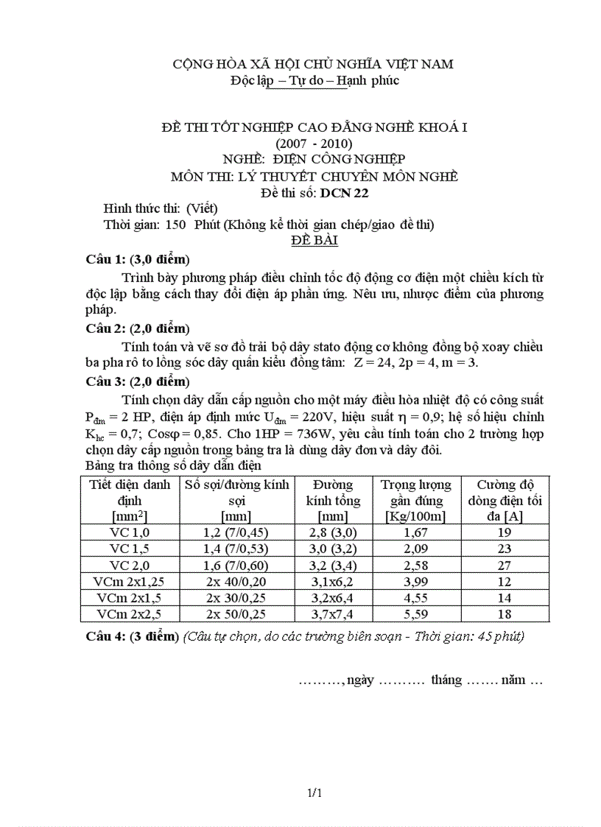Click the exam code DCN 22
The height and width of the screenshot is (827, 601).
click(344, 194)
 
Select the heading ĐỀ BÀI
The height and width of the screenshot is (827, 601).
click(314, 241)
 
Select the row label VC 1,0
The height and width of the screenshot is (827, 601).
click(130, 532)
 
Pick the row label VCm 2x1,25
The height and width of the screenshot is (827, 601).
click(130, 581)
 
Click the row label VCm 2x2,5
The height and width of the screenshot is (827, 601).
click(130, 613)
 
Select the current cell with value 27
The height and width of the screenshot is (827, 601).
click(505, 565)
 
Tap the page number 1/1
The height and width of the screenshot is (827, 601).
click(315, 793)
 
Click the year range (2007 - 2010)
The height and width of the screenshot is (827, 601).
click(314, 143)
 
